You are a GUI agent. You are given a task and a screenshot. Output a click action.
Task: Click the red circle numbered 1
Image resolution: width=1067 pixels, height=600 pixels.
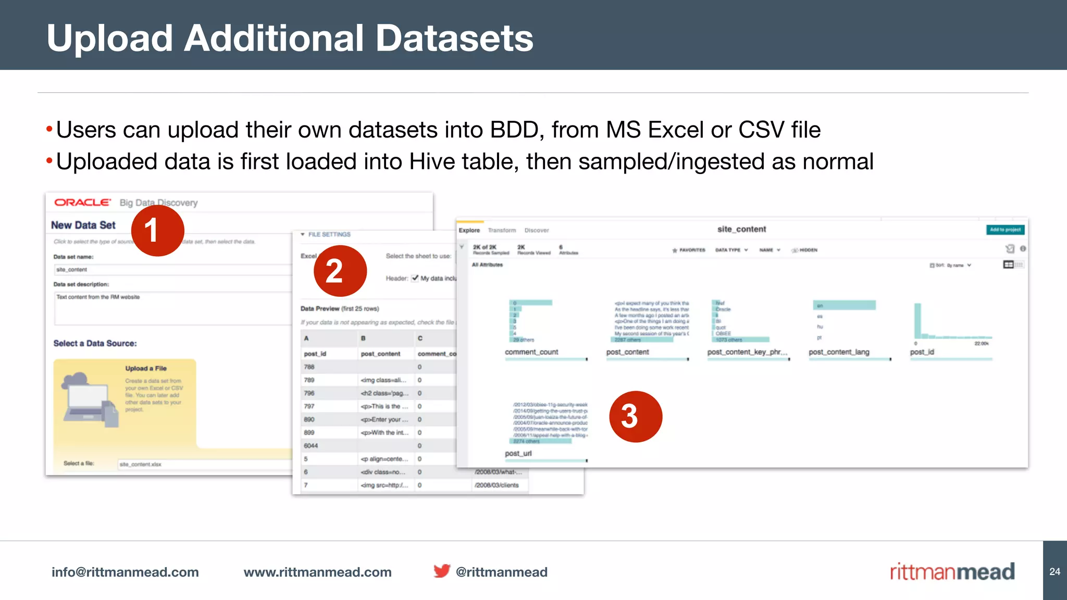157,230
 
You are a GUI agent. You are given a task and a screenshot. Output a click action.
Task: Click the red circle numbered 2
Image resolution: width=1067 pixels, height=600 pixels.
340,271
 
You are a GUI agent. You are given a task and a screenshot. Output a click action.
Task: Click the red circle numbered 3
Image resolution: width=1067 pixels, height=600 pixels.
635,417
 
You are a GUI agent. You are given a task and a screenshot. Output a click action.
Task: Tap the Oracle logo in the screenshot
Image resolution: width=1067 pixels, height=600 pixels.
82,203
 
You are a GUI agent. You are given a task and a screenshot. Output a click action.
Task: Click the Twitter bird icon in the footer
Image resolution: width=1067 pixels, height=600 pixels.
442,571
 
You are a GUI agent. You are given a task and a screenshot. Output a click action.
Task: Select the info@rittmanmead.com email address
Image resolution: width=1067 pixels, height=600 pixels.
125,572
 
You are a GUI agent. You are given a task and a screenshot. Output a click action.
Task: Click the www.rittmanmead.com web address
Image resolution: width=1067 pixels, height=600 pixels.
317,572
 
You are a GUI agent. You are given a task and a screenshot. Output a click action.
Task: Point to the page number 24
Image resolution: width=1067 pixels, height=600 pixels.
1054,571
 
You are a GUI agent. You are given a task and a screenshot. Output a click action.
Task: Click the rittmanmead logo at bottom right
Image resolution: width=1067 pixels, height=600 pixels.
952,571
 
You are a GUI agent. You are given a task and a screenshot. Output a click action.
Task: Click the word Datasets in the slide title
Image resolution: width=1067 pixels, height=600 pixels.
454,38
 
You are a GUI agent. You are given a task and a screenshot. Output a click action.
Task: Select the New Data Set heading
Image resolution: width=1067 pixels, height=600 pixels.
83,225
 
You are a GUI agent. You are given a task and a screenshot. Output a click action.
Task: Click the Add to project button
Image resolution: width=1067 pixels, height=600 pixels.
1005,230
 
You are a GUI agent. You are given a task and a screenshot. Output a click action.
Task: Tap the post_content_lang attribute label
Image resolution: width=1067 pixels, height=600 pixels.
839,352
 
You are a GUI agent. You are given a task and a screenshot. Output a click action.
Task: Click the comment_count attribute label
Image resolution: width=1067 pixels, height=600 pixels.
531,352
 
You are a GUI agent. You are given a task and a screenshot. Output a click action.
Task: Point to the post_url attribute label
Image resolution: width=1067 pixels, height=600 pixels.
518,453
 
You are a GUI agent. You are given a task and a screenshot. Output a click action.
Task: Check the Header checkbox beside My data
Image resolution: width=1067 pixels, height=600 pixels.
415,278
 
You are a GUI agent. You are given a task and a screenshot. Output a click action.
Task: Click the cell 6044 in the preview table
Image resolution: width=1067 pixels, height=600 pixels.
311,446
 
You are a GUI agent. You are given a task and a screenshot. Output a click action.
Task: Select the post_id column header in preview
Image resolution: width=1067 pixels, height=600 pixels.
315,354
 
